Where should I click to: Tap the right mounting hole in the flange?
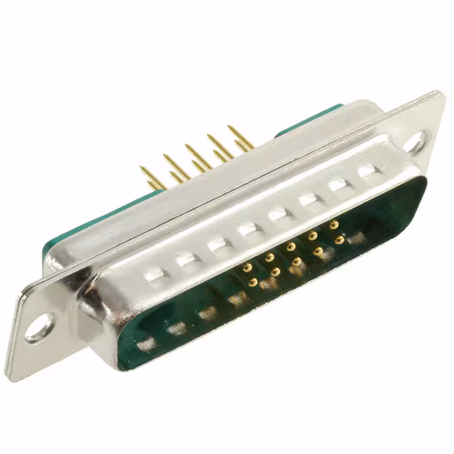[417, 141]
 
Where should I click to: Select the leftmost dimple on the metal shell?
[155, 274]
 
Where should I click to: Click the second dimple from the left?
[186, 259]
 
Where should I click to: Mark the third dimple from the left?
[216, 244]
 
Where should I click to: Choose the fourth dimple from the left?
[247, 229]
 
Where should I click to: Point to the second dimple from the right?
[338, 185]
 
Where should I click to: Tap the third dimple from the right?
[308, 200]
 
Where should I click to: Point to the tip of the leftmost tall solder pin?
[141, 169]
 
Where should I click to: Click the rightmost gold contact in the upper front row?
[333, 225]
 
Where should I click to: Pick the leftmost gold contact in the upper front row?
[248, 267]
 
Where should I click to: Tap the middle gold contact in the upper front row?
[290, 246]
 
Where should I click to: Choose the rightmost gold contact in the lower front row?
[339, 240]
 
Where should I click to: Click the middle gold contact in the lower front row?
[297, 261]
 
